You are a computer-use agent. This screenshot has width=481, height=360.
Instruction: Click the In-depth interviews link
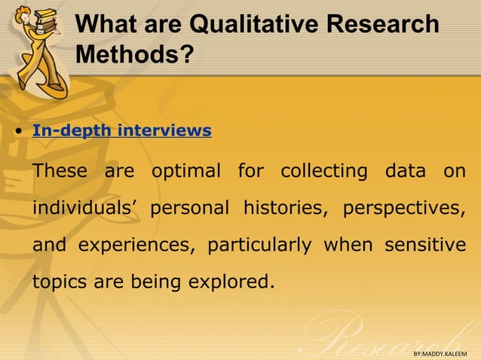(x=121, y=130)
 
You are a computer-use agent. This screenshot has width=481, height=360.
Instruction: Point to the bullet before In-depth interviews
(x=17, y=132)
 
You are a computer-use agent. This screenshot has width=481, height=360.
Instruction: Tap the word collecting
(x=324, y=171)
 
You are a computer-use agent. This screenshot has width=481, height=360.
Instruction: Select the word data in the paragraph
(x=405, y=171)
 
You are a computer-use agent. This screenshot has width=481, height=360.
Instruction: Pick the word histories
(x=284, y=208)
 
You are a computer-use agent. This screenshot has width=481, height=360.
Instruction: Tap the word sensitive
(x=424, y=246)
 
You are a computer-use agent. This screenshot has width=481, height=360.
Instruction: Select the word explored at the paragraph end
(x=233, y=282)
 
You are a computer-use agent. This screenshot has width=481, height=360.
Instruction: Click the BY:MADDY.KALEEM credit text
(x=440, y=352)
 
